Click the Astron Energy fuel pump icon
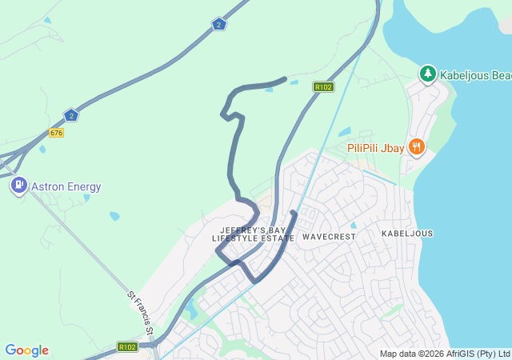point(18,186)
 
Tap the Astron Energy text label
point(66,187)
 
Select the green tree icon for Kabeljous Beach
point(428,74)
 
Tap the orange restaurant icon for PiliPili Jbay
point(416,147)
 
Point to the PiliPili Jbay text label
point(376,148)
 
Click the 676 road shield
point(56,132)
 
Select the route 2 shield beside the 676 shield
point(71,115)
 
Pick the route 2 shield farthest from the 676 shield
point(219,25)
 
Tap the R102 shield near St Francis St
point(127,347)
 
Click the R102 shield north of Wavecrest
point(323,87)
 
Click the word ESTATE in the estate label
point(277,238)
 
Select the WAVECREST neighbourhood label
point(329,237)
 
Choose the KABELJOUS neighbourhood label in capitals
point(407,234)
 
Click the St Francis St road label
point(140,308)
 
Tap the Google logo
point(26,350)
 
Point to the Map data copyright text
point(444,354)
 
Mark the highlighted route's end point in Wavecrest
point(294,213)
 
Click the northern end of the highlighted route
point(285,78)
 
